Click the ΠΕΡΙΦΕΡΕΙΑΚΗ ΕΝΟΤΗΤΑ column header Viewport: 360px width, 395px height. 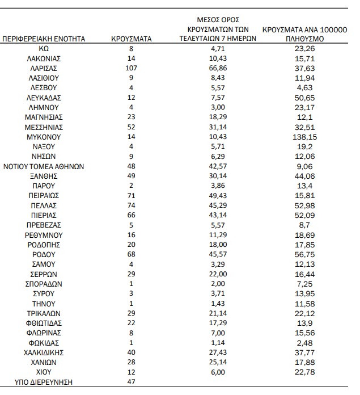[44, 39]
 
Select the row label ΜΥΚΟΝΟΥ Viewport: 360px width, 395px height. [44, 137]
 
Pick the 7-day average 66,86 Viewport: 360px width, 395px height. [219, 68]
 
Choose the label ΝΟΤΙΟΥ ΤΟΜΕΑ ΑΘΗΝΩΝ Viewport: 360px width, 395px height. [44, 166]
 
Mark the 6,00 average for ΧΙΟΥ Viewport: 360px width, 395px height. [219, 372]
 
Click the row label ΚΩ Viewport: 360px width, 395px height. [44, 49]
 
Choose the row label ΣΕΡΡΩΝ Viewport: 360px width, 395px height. [44, 274]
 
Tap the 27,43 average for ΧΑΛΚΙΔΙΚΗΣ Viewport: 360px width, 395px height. [219, 352]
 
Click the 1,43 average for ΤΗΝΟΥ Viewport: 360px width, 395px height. [219, 304]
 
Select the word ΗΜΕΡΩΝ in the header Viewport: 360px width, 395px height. [242, 39]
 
